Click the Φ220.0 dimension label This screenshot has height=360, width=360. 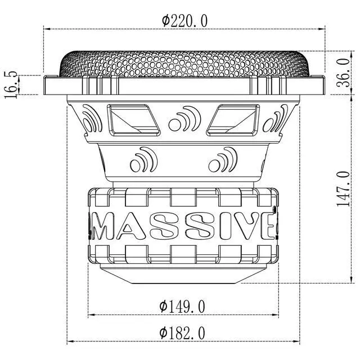tap(184, 21)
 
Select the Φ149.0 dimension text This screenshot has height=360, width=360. tap(182, 306)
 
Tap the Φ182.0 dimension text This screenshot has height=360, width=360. tap(182, 333)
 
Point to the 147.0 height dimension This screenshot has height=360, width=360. tap(344, 188)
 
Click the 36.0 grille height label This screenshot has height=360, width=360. tap(344, 73)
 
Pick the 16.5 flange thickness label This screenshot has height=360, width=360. tap(11, 85)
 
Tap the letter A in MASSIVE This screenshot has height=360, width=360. tap(132, 226)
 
